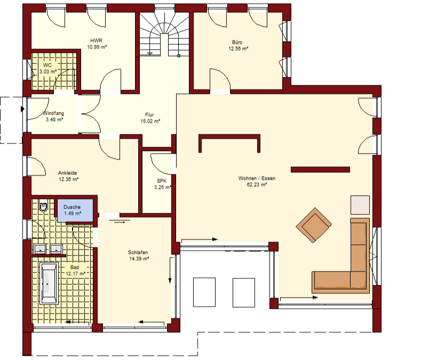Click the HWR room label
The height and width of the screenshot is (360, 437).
[x=96, y=41]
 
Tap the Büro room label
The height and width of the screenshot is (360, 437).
[x=237, y=42]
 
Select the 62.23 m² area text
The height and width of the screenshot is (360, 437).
[x=257, y=185]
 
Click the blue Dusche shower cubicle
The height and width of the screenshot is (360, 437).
[x=75, y=210]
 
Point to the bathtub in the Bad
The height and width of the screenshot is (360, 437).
[x=49, y=283]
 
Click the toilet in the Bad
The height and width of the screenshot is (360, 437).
[x=44, y=206]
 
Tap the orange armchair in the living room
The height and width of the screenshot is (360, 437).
[x=314, y=225]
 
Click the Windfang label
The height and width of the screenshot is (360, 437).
[x=53, y=114]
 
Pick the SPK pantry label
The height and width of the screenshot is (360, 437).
[x=162, y=181]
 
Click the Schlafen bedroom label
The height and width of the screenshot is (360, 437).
[x=138, y=252]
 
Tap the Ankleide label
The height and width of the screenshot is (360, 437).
[x=67, y=173]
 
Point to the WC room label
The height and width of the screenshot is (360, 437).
[x=47, y=65]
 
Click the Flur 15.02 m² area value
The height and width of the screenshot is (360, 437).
[x=150, y=121]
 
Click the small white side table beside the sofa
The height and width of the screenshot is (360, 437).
[x=360, y=205]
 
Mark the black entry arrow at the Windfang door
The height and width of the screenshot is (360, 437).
[x=22, y=109]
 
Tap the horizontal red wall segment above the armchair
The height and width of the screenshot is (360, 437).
[x=320, y=170]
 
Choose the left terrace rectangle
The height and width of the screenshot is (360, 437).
[x=204, y=292]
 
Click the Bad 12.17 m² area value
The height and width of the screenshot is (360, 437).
[x=76, y=274]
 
